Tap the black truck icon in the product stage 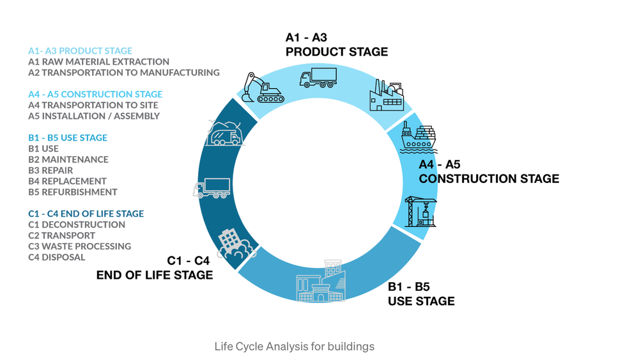318,77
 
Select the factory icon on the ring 386,95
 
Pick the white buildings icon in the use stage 321,281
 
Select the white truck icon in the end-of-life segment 212,188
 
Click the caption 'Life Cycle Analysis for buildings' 295,347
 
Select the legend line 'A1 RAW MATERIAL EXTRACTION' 98,62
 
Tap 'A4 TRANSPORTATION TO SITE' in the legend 93,105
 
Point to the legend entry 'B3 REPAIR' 50,170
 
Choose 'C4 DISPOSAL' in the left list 56,257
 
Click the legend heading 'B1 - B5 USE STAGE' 68,137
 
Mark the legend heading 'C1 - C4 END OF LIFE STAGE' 86,214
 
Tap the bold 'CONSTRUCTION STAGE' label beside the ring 489,178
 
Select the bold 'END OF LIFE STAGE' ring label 155,275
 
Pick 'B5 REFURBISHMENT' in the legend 73,192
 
